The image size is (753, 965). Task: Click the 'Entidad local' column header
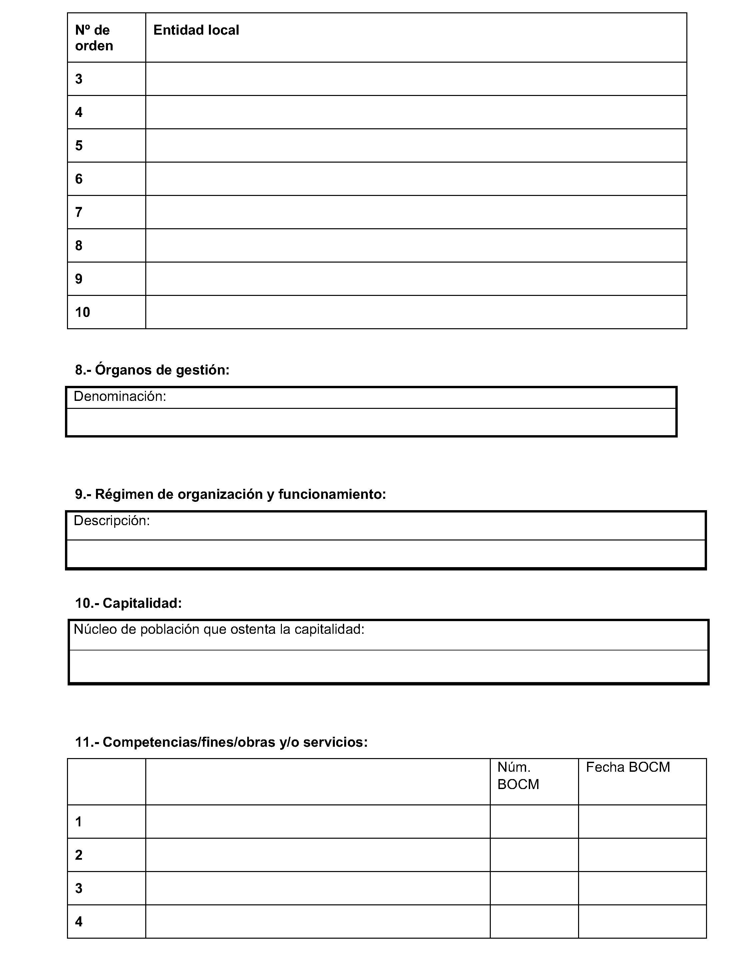pos(196,30)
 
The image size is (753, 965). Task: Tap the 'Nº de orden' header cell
pos(94,38)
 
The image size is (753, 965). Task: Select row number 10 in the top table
pos(83,312)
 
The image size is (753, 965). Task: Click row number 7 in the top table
pos(79,213)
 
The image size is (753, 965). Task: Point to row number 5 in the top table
pos(79,146)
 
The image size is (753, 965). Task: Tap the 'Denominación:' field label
pos(120,397)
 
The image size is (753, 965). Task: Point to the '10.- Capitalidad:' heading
pos(128,603)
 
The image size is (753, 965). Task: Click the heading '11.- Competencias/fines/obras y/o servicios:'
pos(221,742)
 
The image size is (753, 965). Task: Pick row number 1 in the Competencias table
pos(79,822)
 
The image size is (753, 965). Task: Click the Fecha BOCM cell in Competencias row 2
pos(642,855)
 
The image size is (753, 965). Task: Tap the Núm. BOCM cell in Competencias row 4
pos(534,922)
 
